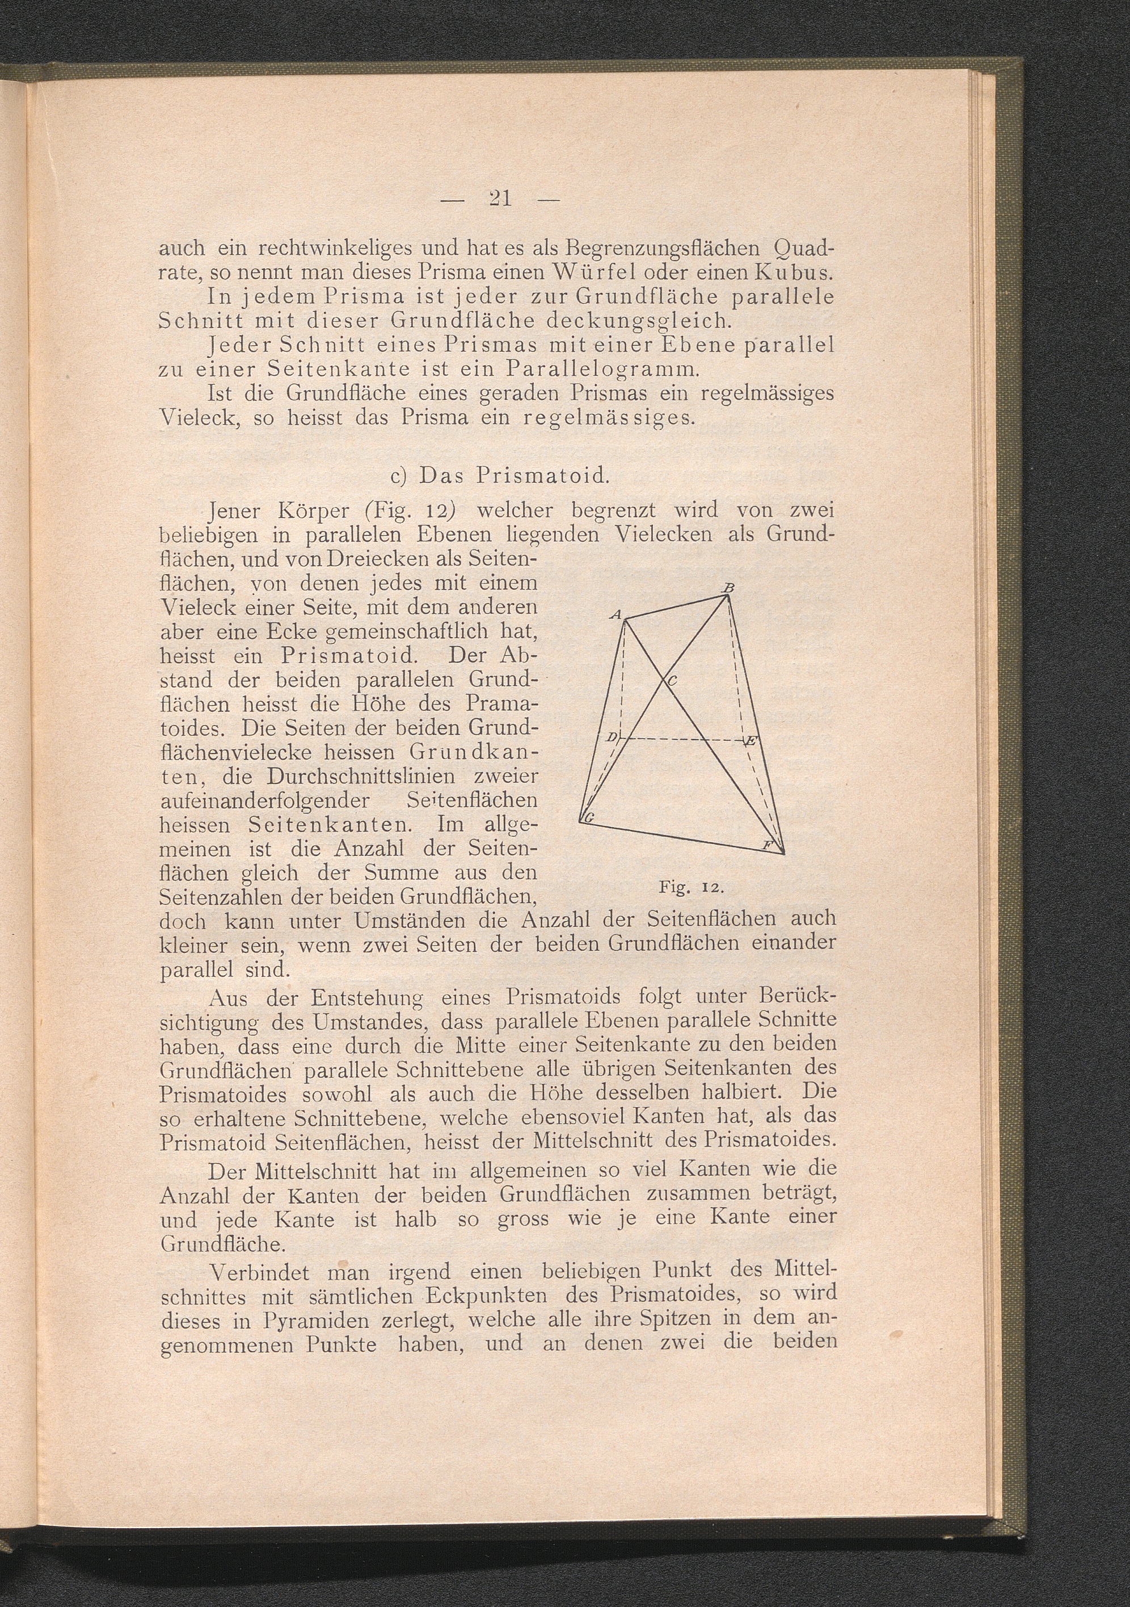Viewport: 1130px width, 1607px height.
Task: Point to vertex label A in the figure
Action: [615, 614]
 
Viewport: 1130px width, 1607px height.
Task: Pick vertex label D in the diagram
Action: [611, 737]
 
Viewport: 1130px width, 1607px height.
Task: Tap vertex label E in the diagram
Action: [750, 741]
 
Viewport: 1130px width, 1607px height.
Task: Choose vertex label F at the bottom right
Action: [766, 846]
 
